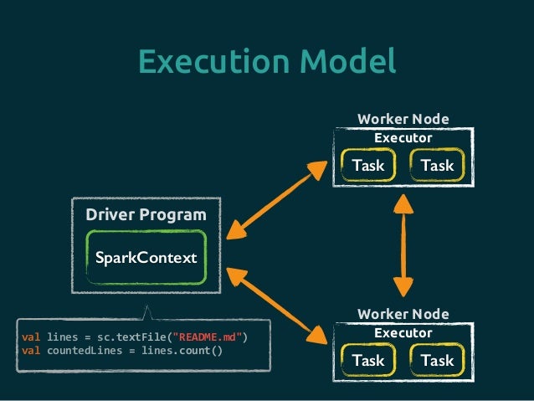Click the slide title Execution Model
point(266,61)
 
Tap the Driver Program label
point(146,215)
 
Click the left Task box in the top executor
point(368,165)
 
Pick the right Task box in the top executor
point(437,165)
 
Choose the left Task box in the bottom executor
point(368,360)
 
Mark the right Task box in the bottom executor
point(437,360)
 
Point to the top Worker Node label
point(403,119)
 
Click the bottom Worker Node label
point(403,314)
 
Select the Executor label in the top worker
point(403,137)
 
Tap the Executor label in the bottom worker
point(403,332)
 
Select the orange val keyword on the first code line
point(31,337)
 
